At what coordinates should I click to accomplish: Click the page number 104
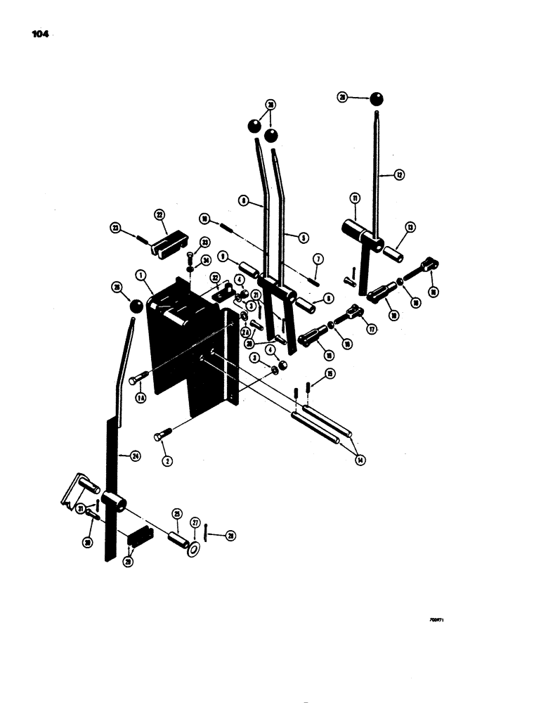click(x=39, y=32)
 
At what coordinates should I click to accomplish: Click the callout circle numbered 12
click(x=400, y=175)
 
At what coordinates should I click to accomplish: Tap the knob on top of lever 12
click(x=377, y=98)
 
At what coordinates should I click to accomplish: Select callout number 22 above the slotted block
click(x=159, y=214)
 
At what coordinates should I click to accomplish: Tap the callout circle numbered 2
click(x=167, y=461)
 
